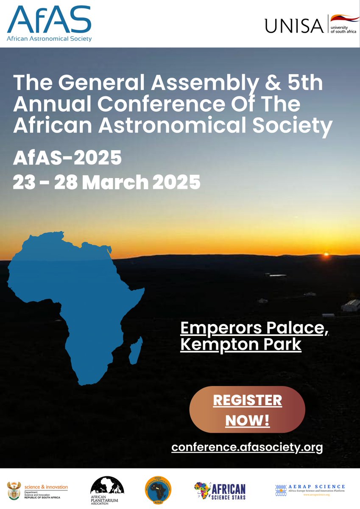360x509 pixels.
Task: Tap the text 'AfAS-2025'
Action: tap(67, 158)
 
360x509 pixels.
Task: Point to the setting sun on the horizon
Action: tap(327, 255)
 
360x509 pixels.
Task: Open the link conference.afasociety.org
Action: tap(247, 447)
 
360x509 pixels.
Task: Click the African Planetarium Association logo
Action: tap(107, 490)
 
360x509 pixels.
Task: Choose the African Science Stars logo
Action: tap(220, 491)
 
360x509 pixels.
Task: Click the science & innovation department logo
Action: tap(38, 491)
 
